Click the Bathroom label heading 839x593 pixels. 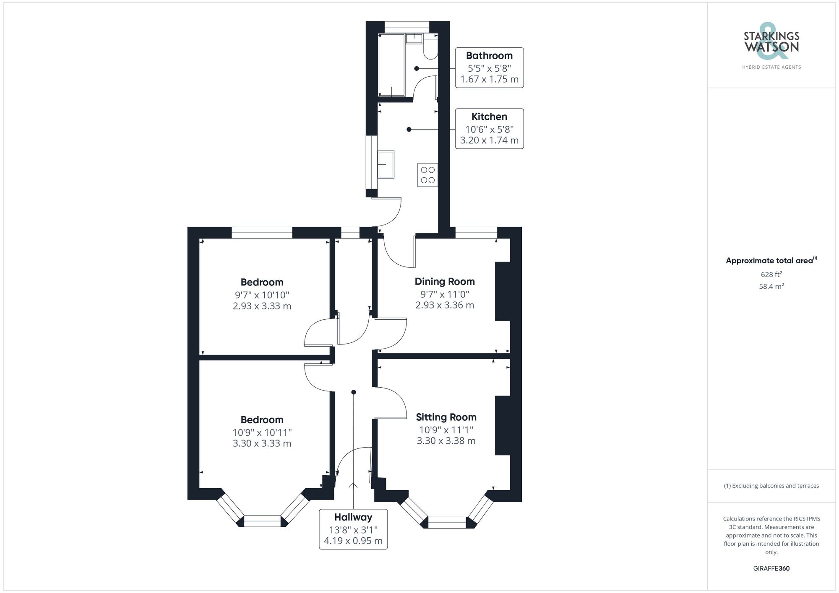(x=489, y=56)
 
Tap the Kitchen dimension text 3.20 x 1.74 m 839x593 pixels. (x=489, y=140)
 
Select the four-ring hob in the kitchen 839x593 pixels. (x=427, y=175)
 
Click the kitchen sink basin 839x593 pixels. (x=386, y=165)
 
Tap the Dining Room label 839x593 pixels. (x=445, y=282)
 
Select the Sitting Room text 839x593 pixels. (x=446, y=417)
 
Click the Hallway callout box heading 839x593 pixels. (x=353, y=517)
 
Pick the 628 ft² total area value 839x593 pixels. (x=771, y=274)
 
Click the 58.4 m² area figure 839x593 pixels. (x=771, y=286)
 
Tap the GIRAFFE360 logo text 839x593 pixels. (x=771, y=569)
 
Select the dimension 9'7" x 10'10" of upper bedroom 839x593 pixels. (x=262, y=295)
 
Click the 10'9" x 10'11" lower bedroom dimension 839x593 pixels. (x=262, y=432)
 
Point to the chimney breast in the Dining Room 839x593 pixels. (x=503, y=291)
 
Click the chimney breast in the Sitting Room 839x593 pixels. (x=503, y=425)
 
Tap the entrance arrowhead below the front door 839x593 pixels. (x=353, y=486)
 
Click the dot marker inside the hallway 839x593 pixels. (x=354, y=392)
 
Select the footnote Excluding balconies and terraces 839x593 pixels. (x=771, y=486)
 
